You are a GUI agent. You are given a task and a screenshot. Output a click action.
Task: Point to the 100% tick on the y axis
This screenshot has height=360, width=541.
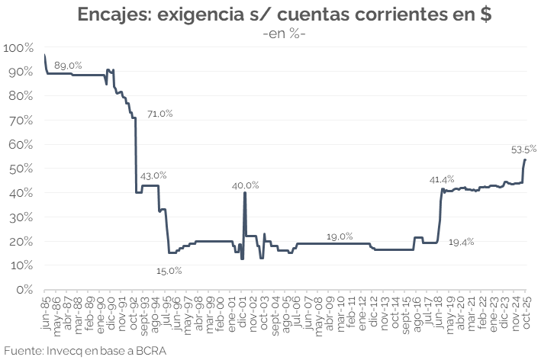[18, 48]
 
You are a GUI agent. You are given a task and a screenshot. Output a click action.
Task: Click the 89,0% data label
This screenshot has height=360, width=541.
[68, 65]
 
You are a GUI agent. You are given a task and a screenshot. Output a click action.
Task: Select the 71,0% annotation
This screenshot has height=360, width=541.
[160, 114]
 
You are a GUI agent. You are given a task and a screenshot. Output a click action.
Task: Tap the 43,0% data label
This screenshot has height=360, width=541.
[153, 175]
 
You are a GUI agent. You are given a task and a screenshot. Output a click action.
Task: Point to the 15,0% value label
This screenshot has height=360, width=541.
[169, 270]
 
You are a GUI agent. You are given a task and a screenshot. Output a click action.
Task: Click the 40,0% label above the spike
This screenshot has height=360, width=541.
[246, 185]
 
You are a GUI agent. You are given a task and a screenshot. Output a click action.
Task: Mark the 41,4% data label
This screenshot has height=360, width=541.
[443, 180]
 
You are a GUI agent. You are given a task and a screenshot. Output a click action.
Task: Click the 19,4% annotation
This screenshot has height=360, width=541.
[461, 242]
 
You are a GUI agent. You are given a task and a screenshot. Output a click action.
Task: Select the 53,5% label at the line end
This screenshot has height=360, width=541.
[523, 149]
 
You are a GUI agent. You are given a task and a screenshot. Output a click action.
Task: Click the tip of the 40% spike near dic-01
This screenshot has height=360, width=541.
[245, 193]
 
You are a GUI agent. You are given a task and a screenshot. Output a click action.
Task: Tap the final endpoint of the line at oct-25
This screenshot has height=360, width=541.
[526, 159]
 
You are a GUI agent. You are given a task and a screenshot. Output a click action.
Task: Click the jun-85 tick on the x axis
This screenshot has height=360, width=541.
[46, 305]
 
